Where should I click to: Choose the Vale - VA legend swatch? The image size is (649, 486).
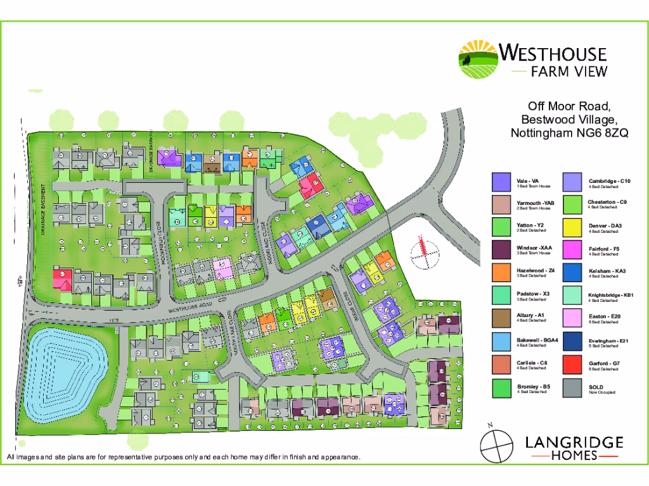click(501, 182)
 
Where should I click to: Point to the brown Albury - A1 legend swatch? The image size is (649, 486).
click(501, 319)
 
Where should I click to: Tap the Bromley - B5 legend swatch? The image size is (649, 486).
click(501, 387)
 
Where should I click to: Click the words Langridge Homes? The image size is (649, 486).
click(574, 449)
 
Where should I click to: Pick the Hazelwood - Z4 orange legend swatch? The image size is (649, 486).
click(501, 273)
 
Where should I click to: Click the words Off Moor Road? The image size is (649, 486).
click(569, 106)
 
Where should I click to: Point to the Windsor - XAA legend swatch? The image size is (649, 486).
click(501, 250)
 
